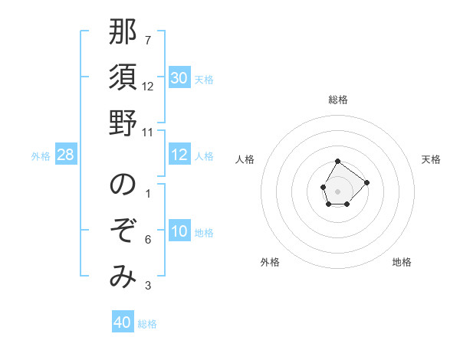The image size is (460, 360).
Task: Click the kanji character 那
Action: tap(123, 33)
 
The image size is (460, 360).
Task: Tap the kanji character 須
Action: tap(123, 78)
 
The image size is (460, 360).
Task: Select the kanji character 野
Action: tap(123, 123)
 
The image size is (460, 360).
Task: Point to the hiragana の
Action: tap(123, 185)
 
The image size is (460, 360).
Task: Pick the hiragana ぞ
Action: tap(123, 231)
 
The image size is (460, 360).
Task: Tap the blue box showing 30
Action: tap(179, 78)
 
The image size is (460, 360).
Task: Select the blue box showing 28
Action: tap(65, 155)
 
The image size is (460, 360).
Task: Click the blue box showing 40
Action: tap(122, 322)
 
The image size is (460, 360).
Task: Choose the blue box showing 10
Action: tap(179, 232)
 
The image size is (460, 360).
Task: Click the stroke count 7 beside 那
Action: tap(147, 41)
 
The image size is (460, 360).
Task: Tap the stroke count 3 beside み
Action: tap(147, 286)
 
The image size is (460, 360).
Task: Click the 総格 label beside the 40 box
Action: tap(147, 324)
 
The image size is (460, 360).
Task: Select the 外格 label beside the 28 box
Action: tap(41, 156)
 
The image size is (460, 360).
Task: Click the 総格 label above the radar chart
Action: tap(338, 100)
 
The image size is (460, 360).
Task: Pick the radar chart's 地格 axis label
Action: tap(402, 262)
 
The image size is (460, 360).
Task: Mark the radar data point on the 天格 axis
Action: tap(367, 182)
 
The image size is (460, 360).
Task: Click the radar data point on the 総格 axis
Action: tap(337, 161)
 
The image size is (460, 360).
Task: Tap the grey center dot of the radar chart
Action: tap(337, 190)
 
